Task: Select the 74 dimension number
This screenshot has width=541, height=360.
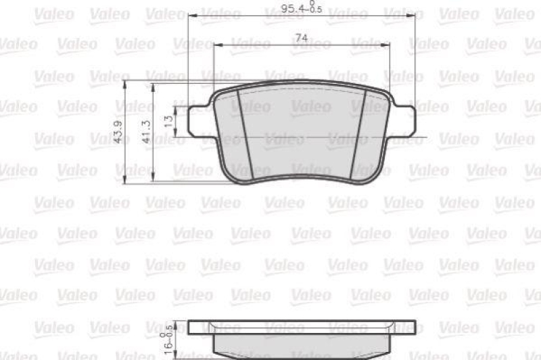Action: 302,39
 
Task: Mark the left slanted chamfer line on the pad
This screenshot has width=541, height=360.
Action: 244,133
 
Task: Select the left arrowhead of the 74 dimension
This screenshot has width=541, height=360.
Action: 218,45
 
